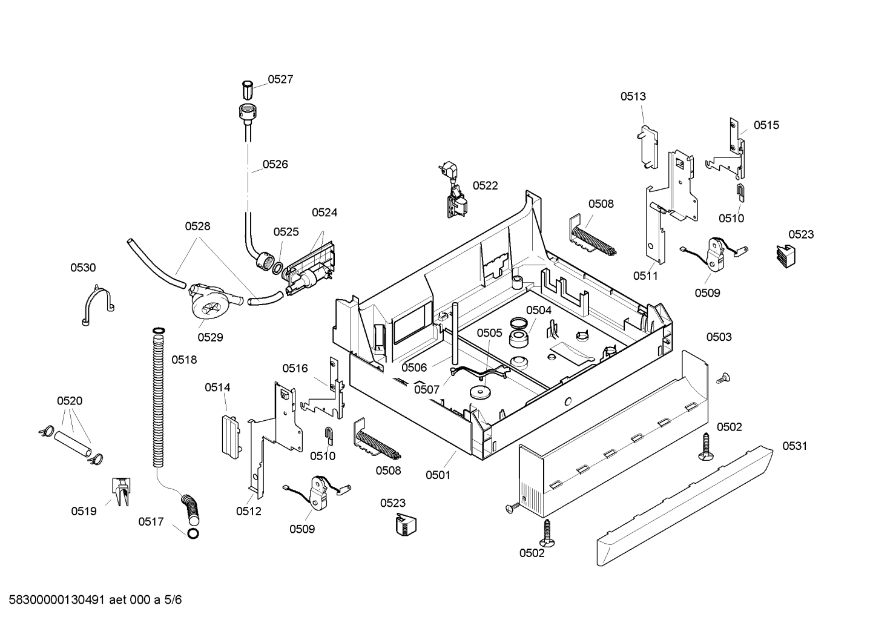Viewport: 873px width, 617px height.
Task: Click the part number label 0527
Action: tap(280, 79)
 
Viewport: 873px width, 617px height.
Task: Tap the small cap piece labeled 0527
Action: tap(248, 90)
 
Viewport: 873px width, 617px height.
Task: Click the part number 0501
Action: tap(438, 475)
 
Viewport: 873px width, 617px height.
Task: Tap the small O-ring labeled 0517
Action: tap(193, 533)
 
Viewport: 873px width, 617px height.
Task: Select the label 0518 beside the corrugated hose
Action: tap(184, 360)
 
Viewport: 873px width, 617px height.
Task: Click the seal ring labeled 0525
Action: tap(278, 268)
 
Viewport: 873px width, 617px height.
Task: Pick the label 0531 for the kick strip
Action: tap(795, 446)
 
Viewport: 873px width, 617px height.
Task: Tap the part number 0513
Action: tap(633, 96)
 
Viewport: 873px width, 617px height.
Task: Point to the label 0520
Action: tap(70, 401)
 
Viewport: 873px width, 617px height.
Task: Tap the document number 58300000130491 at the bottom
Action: tap(57, 600)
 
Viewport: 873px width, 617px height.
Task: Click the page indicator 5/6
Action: tap(173, 600)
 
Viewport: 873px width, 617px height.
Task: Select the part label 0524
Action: tap(324, 213)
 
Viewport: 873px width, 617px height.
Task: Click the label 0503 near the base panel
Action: tap(719, 337)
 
